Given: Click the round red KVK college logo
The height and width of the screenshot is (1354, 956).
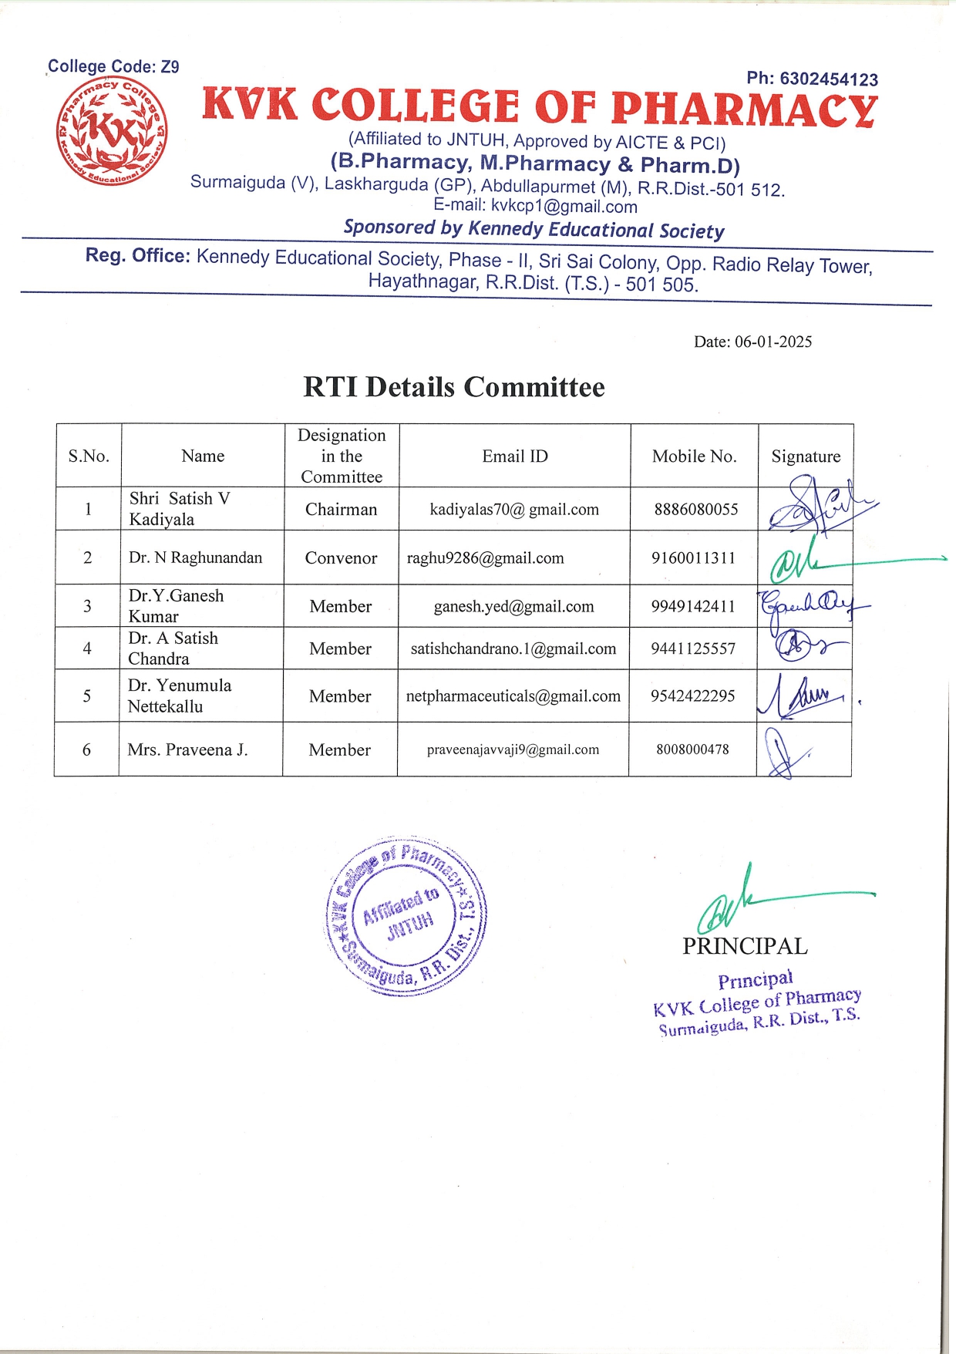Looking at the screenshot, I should click(113, 131).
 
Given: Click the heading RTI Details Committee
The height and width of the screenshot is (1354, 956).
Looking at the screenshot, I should click(453, 387).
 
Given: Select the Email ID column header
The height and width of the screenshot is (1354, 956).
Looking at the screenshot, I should click(515, 456).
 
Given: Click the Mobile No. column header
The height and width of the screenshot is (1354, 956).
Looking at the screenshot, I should click(694, 456).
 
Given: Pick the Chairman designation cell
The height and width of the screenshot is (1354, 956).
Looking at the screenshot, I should click(341, 510).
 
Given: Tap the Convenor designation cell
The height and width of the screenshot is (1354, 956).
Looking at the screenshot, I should click(341, 558).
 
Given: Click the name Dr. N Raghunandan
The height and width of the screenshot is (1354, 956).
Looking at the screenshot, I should click(195, 557).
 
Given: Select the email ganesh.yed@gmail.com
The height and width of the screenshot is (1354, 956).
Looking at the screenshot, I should click(513, 607).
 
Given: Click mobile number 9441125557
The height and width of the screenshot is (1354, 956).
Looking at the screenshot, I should click(693, 649).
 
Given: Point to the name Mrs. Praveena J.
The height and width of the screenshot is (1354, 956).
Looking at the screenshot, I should click(187, 749).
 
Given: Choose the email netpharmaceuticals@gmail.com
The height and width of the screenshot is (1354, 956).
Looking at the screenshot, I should click(513, 696).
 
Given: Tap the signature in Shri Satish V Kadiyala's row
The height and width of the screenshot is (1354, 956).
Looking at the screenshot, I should click(817, 506).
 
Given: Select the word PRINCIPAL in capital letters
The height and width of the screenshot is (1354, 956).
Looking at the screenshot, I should click(745, 946).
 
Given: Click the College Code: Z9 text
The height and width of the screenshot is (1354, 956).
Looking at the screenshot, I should click(113, 67).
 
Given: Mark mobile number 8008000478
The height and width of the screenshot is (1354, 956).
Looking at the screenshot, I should click(692, 749).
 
